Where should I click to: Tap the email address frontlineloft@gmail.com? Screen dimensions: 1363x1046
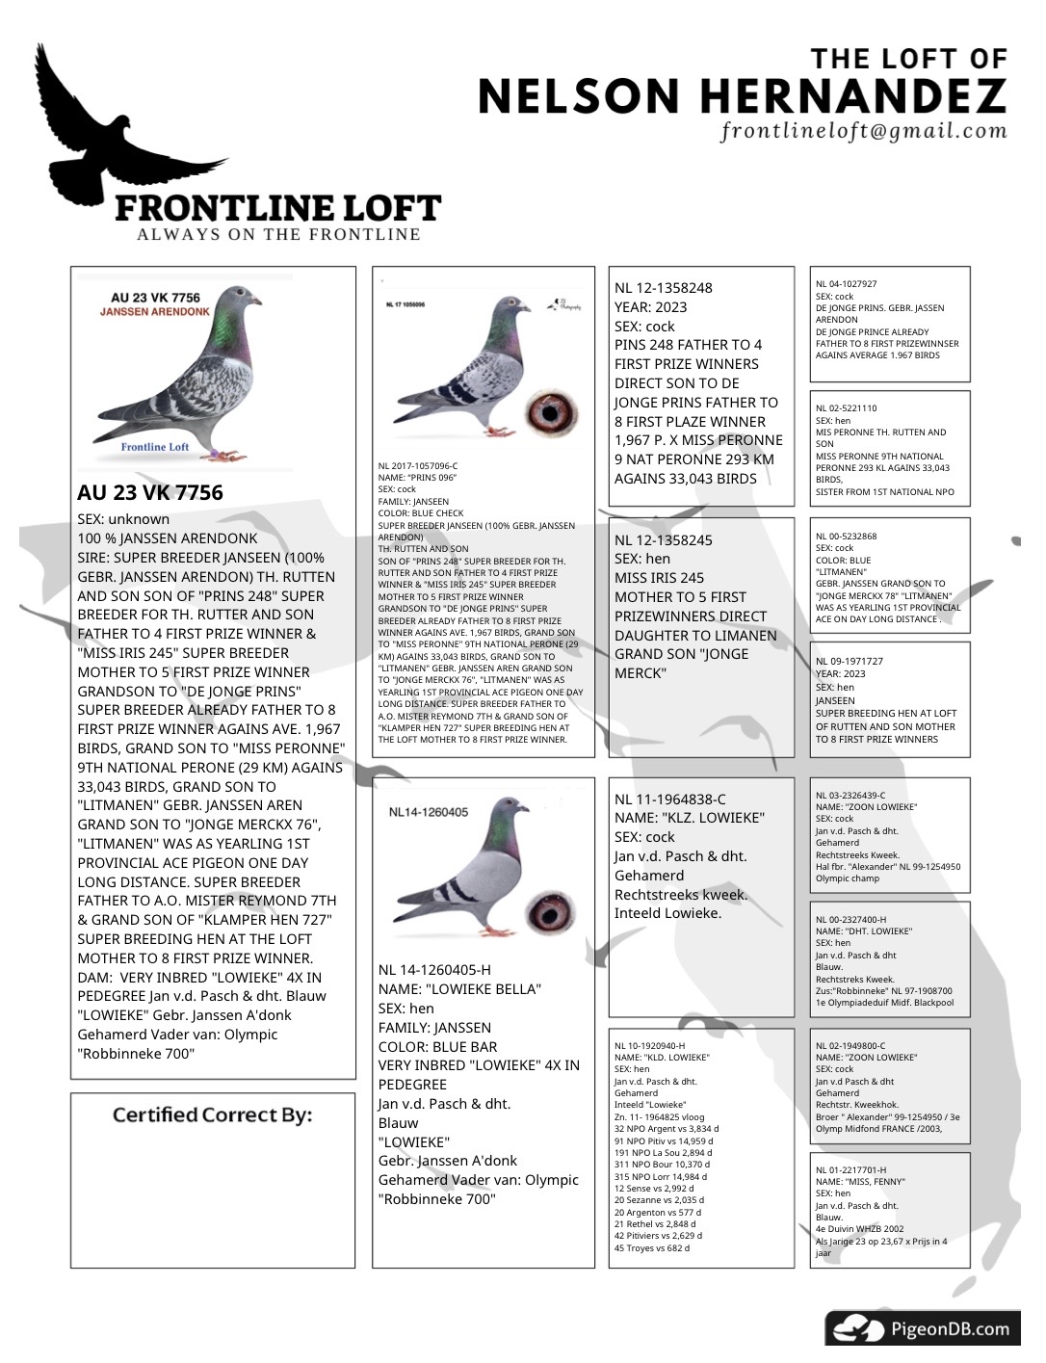[864, 131]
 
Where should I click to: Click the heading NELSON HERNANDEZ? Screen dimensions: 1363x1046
[742, 96]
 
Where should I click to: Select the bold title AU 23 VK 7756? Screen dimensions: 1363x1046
[150, 493]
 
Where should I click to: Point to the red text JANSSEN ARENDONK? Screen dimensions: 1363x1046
[154, 312]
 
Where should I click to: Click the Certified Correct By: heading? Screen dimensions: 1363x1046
[212, 1115]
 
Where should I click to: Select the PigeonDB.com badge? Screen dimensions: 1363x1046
[923, 1329]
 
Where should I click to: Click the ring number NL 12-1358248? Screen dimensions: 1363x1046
[664, 288]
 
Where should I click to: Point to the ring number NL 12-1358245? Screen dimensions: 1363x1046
[664, 540]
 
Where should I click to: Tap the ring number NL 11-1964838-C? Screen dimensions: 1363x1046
[670, 799]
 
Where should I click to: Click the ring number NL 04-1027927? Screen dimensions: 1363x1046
[846, 284]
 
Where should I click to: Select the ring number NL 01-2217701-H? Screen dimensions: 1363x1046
[850, 1170]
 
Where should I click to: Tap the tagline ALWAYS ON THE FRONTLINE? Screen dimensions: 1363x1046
[278, 234]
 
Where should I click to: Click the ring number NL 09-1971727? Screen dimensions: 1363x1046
[849, 662]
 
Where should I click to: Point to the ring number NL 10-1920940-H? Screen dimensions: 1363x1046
[649, 1045]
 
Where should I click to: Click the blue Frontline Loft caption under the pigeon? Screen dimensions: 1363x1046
[154, 447]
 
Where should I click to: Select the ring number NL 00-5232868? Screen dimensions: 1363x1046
[846, 537]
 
